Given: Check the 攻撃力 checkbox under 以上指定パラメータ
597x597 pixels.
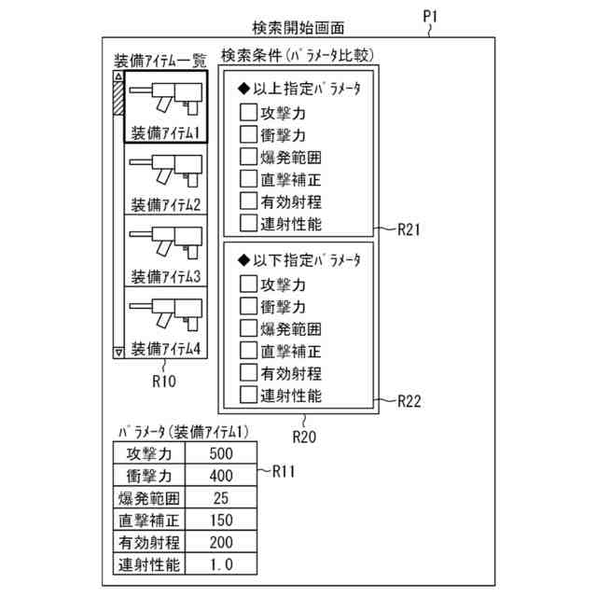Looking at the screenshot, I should [x=248, y=114].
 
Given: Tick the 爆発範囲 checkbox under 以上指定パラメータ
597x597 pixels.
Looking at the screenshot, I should [x=248, y=158].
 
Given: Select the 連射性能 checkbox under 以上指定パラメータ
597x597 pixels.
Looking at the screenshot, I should [x=248, y=223].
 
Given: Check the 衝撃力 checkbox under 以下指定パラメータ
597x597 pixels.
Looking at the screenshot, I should [x=248, y=307].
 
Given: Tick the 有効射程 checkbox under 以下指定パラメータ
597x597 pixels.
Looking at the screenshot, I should [x=248, y=373].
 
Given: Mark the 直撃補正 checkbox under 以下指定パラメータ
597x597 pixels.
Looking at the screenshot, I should [x=248, y=351].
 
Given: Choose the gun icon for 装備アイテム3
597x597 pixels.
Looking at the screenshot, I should [x=164, y=244].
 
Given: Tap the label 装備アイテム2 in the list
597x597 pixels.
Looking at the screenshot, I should [x=166, y=204].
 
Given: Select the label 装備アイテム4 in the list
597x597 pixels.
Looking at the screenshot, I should [x=166, y=350].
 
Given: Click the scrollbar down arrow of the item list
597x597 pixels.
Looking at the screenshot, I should [x=118, y=353].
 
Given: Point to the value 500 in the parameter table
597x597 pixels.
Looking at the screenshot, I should [x=220, y=454].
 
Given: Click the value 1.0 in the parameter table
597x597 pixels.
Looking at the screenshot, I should [x=220, y=564].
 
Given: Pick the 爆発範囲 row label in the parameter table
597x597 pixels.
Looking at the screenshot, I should [x=149, y=498].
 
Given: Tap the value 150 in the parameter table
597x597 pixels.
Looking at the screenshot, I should [x=220, y=521].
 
